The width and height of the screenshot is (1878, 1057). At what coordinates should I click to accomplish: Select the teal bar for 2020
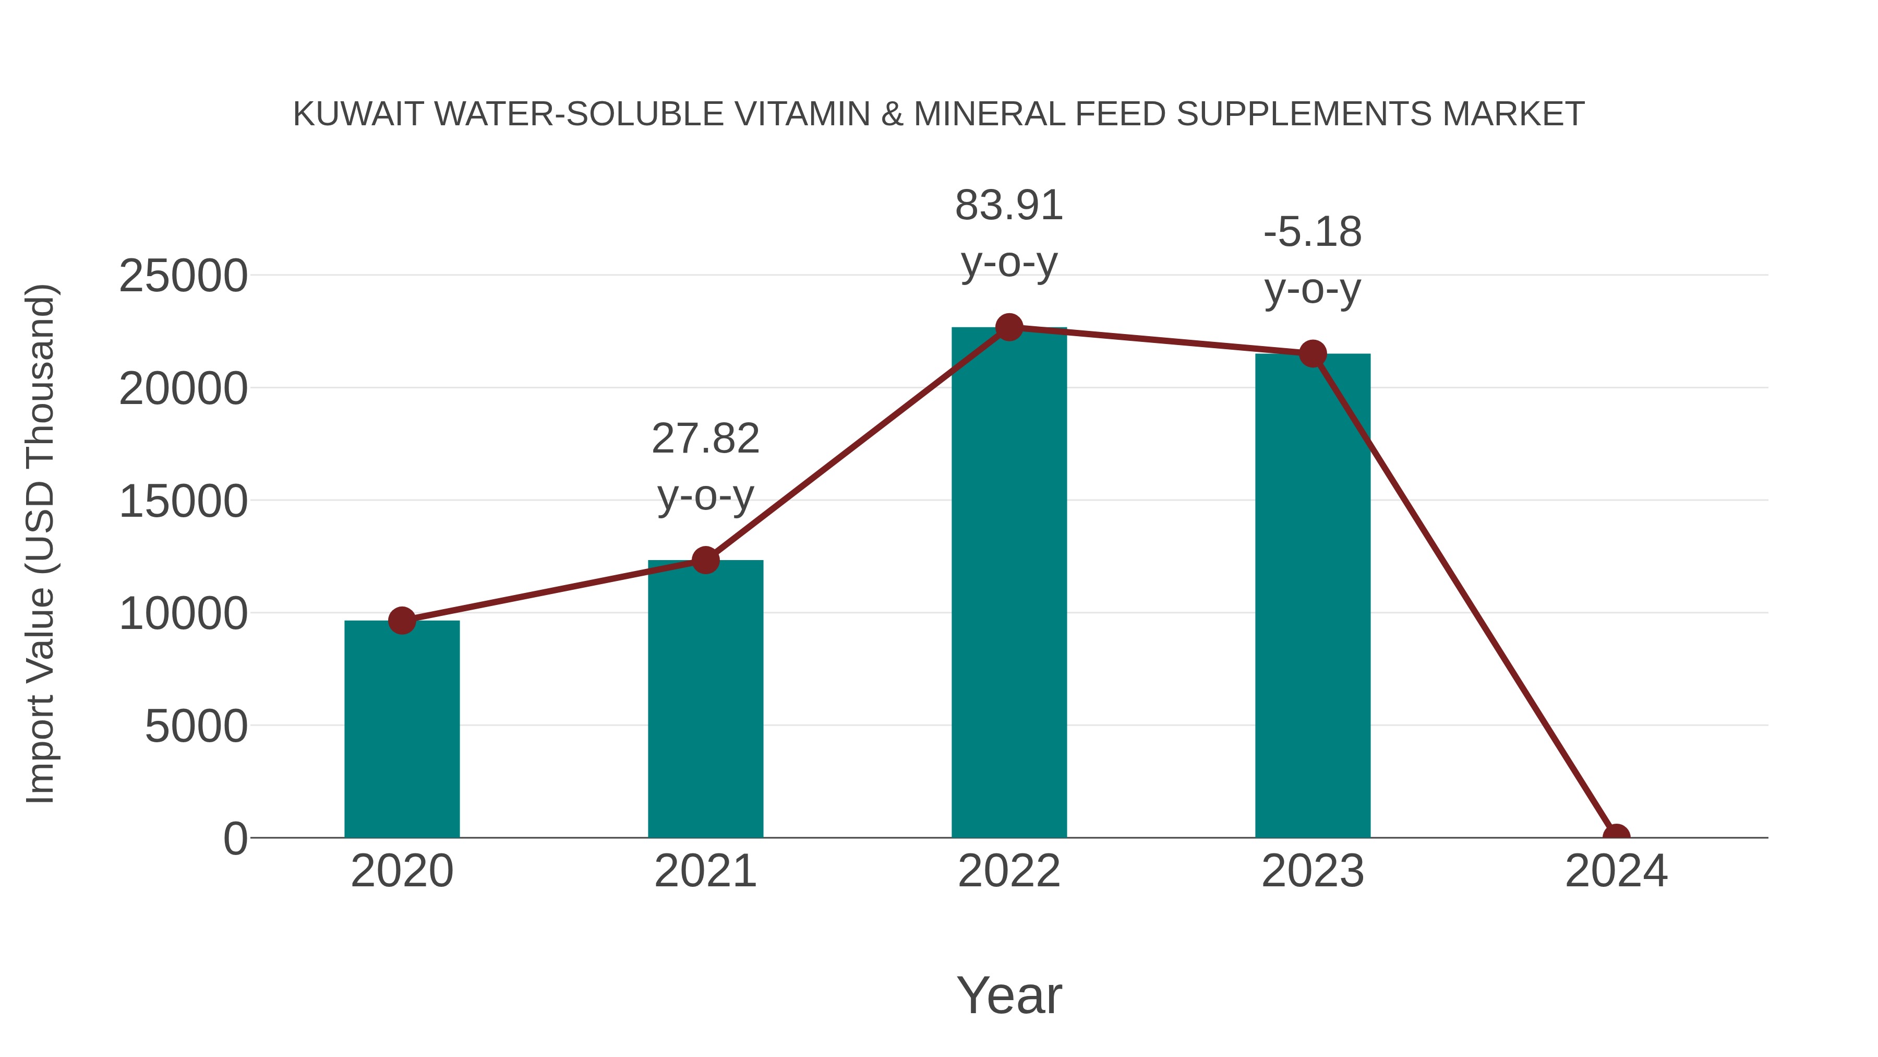[x=402, y=730]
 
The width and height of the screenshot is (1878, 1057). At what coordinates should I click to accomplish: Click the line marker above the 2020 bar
[x=402, y=621]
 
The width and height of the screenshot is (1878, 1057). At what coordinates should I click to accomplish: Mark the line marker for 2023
[x=1313, y=354]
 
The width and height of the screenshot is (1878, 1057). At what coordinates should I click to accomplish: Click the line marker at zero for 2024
[x=1616, y=836]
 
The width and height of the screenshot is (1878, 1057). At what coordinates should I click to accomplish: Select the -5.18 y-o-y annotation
[x=1313, y=260]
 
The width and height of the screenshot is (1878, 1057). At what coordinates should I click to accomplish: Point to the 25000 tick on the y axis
[x=183, y=277]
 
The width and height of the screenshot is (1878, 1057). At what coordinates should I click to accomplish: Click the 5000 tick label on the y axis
[x=196, y=727]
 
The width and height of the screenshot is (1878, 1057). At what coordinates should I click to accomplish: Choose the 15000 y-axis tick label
[x=183, y=502]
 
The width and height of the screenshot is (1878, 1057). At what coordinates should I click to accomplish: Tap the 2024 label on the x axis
[x=1616, y=871]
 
